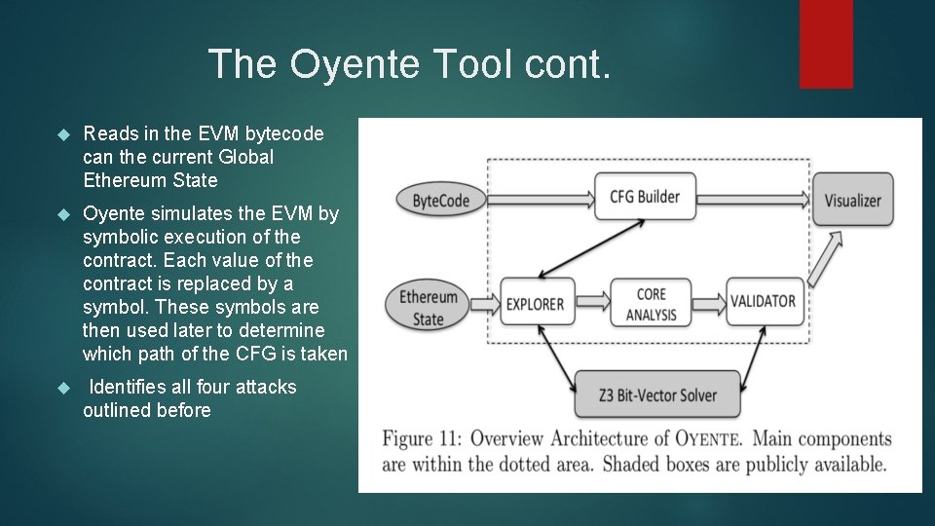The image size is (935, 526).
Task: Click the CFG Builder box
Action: (x=644, y=196)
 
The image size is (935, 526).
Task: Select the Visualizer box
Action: (x=852, y=201)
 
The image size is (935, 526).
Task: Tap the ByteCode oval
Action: (x=440, y=201)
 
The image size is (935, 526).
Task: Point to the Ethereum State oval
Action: (x=428, y=307)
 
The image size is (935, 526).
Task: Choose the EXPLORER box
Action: (x=535, y=303)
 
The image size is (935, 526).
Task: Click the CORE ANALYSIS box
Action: (x=651, y=303)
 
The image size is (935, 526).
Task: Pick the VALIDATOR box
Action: (x=763, y=302)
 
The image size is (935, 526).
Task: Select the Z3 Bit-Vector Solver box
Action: (x=657, y=394)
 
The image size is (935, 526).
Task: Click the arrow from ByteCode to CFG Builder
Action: (x=540, y=199)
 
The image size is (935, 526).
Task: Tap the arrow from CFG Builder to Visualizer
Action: (x=750, y=199)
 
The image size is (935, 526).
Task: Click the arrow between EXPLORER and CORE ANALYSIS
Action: (x=587, y=302)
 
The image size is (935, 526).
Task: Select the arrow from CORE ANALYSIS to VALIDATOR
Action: (x=708, y=302)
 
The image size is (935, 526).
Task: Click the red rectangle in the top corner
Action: (x=826, y=44)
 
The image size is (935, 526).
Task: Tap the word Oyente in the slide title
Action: (x=354, y=64)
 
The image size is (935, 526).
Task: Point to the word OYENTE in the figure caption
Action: (x=703, y=439)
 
